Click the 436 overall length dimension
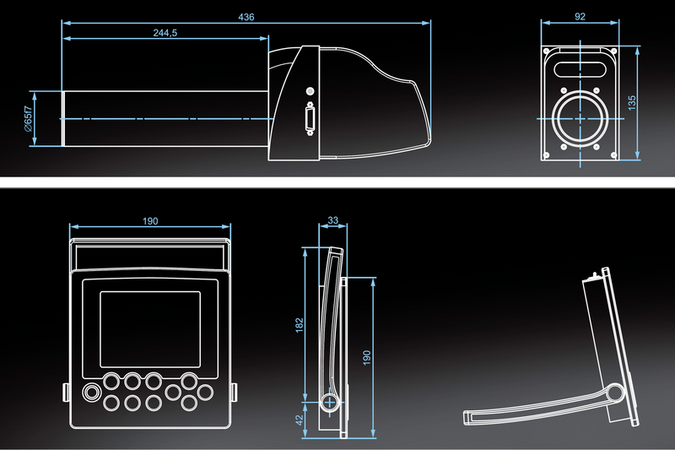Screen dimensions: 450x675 point(246,16)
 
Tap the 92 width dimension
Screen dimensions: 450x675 point(580,15)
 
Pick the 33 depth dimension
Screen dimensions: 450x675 point(332,220)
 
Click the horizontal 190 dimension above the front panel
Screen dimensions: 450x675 point(149,220)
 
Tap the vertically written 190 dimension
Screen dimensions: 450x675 point(366,357)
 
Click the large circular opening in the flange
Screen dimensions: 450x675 point(580,118)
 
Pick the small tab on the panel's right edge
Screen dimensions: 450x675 point(234,391)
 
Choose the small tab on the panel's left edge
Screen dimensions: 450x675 point(67,392)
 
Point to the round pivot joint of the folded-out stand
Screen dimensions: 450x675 point(616,393)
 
